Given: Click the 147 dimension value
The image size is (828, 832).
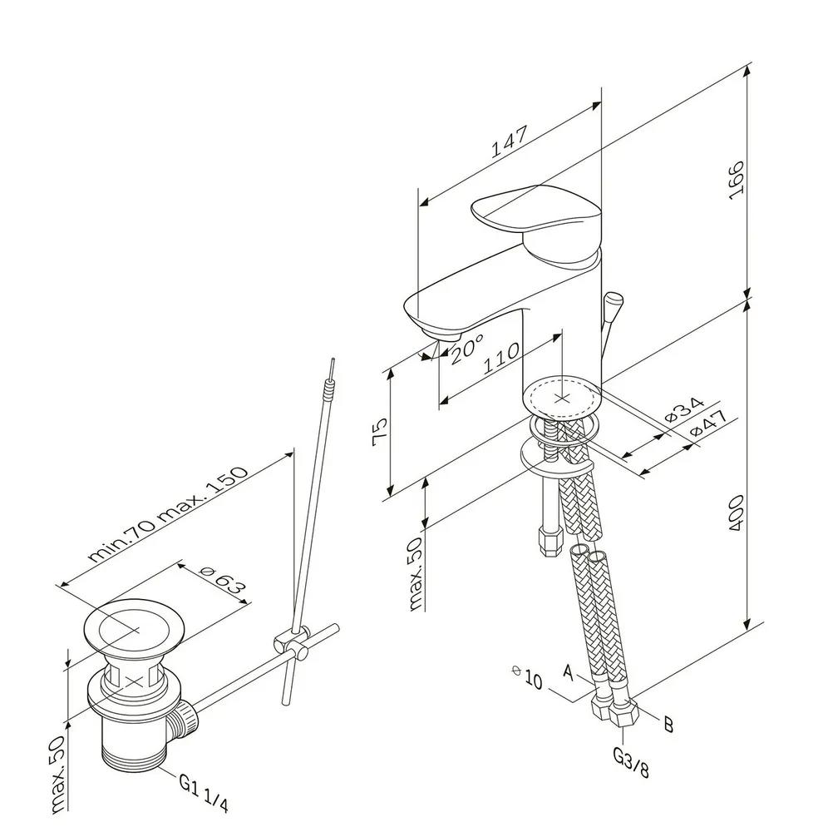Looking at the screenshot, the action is click(509, 141).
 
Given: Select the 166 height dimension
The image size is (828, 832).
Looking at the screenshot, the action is click(737, 181).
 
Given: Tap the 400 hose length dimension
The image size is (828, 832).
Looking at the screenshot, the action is click(737, 513).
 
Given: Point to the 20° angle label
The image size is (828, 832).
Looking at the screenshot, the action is click(467, 349).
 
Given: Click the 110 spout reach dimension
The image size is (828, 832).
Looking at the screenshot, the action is click(501, 358).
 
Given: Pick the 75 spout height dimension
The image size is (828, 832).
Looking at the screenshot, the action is click(380, 432).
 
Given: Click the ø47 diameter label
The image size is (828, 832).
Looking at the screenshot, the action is click(708, 424).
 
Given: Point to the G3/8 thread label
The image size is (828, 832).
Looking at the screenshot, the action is click(630, 761).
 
